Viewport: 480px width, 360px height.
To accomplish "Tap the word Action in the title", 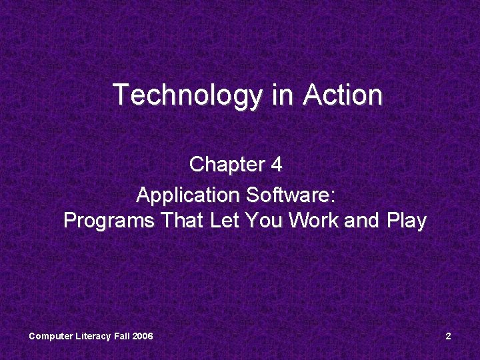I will tap(343, 95).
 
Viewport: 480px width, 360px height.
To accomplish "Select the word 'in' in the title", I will tap(283, 95).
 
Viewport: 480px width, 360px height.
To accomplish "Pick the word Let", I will tap(227, 221).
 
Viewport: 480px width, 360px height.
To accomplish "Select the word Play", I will tap(406, 221).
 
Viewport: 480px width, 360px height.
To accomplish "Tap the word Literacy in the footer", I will tap(92, 336).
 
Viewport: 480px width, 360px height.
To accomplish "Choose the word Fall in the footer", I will tap(121, 336).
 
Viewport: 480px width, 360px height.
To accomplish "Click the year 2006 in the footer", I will tap(143, 336).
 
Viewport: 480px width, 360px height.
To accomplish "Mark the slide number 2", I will tap(448, 336).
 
